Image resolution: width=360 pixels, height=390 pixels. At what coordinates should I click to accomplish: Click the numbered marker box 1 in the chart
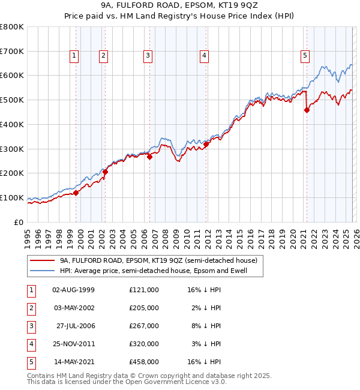point(74,56)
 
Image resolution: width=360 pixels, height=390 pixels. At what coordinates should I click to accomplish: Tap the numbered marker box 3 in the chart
point(147,56)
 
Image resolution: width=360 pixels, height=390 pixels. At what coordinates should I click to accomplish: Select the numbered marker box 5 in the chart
point(305,56)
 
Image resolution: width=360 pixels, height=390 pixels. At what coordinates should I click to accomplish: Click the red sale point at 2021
point(307,110)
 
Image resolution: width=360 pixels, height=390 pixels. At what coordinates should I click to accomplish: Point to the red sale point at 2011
point(206,144)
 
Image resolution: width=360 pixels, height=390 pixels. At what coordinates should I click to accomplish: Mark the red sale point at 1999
point(76,193)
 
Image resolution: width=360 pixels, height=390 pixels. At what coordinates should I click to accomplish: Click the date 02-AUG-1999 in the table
point(74,290)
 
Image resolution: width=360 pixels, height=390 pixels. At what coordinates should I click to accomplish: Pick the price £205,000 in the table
point(143,308)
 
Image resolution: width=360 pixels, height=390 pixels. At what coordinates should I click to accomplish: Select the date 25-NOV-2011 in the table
point(74,344)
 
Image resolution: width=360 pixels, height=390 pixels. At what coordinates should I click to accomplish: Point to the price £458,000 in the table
point(143,362)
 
